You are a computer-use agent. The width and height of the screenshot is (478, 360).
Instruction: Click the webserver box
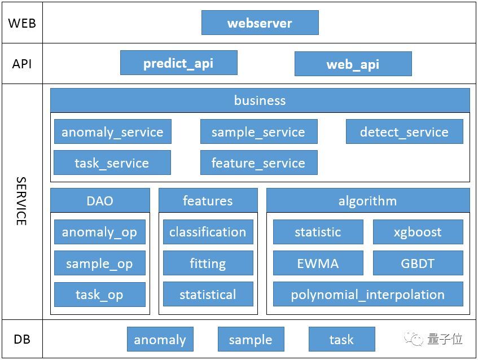260,23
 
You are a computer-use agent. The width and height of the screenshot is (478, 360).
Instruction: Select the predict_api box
179,63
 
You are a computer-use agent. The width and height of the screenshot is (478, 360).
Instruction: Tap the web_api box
353,64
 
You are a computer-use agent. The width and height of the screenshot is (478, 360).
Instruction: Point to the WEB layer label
22,23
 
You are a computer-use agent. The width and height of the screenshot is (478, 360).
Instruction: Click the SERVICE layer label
21,201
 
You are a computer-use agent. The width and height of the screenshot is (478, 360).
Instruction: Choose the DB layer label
22,339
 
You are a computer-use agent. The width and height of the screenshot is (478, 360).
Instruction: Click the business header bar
260,100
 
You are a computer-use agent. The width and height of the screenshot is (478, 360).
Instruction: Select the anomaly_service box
113,131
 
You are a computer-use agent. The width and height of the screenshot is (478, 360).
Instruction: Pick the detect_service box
405,131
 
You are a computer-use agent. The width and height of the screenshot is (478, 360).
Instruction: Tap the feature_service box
259,163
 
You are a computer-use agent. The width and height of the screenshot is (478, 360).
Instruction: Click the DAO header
100,200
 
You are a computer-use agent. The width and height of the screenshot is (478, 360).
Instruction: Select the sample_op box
100,263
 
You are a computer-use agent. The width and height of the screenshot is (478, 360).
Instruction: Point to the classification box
208,232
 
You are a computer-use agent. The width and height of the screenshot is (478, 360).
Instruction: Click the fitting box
208,263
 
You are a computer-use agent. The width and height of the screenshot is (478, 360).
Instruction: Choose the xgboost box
418,232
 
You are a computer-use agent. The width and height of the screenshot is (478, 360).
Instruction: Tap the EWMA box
318,263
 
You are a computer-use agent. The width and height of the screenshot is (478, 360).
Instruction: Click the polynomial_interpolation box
368,294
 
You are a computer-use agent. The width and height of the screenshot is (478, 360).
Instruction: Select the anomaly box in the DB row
160,339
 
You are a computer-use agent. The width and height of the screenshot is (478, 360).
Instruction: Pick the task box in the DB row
342,339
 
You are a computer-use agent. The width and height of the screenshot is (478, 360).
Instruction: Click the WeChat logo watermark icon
414,339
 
